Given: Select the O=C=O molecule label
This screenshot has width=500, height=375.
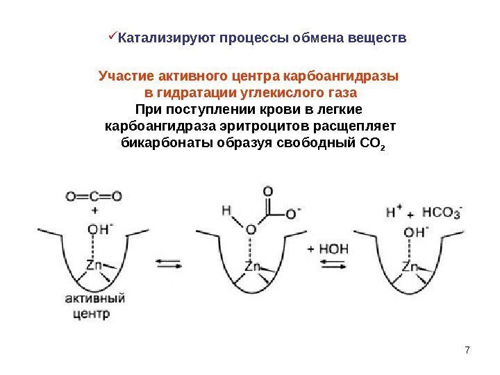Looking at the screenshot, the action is [x=94, y=196].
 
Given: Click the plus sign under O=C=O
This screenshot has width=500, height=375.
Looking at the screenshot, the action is [x=94, y=209].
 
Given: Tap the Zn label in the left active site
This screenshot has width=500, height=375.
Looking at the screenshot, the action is [x=94, y=265].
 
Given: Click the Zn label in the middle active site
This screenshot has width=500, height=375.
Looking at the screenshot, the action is [x=253, y=266].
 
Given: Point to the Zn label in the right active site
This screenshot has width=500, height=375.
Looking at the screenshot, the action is [x=411, y=266].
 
